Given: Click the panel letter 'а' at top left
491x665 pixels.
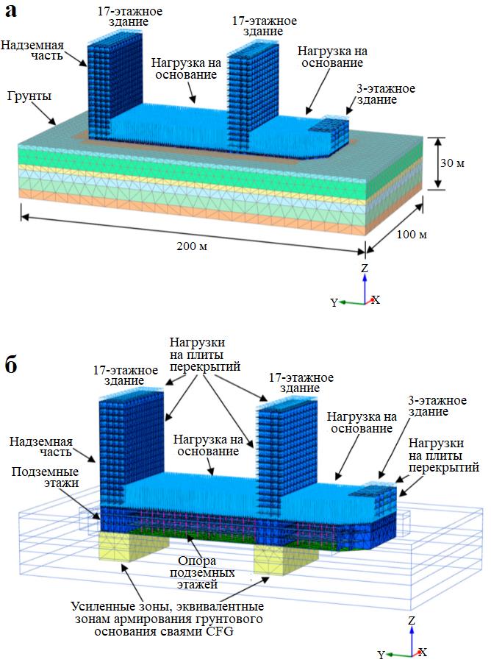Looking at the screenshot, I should (12, 12).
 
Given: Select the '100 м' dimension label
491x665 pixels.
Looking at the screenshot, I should (411, 235).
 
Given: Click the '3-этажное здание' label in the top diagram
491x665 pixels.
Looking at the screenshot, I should (385, 94).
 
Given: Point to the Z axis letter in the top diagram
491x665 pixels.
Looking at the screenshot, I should (364, 269).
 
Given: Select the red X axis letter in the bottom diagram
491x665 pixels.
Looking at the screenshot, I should (423, 652).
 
